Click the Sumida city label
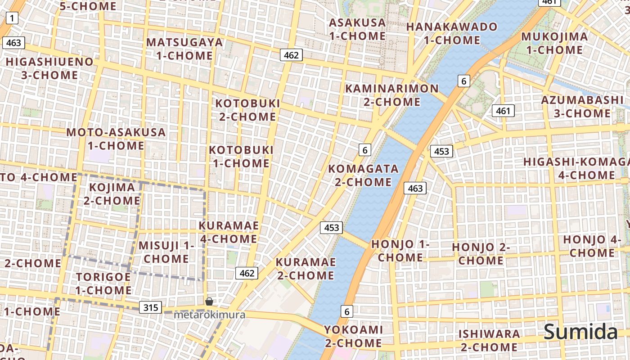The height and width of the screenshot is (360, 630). tap(580, 332)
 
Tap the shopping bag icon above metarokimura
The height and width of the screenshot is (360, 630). tap(209, 301)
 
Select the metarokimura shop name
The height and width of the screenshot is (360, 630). tap(210, 315)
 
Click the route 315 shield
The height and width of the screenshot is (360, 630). tap(150, 307)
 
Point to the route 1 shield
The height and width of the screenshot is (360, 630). tap(12, 18)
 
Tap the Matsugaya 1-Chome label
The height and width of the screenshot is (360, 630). tap(184, 49)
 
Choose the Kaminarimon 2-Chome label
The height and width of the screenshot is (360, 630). tap(391, 95)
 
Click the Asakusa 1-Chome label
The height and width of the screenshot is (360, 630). tap(357, 29)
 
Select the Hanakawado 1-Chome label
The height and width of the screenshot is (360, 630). tap(452, 33)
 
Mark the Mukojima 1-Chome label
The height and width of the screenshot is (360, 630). tap(554, 43)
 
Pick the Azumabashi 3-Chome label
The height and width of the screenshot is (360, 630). tap(582, 107)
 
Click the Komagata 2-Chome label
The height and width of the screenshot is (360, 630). tap(363, 175)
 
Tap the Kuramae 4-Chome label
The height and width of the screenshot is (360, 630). tap(229, 232)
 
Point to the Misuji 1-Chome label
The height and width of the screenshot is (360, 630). tap(166, 252)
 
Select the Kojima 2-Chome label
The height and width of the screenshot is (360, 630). tap(112, 194)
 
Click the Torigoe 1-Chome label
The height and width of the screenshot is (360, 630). tap(103, 283)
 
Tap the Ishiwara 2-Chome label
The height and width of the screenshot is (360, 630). tap(489, 341)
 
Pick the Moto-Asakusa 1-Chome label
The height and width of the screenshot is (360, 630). tap(116, 139)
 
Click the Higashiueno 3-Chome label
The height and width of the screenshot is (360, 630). tap(49, 68)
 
